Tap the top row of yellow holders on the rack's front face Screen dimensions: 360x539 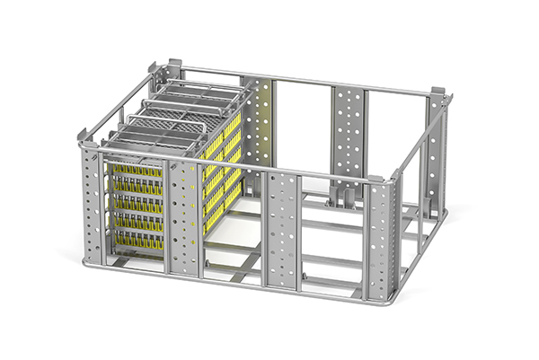point(134,169)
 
